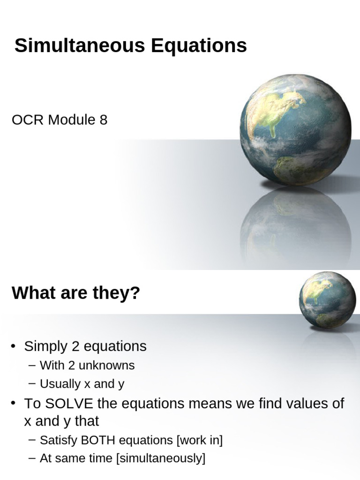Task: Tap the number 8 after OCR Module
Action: coord(103,120)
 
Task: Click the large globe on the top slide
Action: coord(295,130)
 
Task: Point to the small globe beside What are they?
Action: coord(328,300)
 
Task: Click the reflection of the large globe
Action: coord(295,225)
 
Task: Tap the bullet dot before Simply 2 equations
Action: coord(15,347)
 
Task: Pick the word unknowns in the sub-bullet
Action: coord(111,365)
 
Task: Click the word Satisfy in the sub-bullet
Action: coord(58,441)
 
